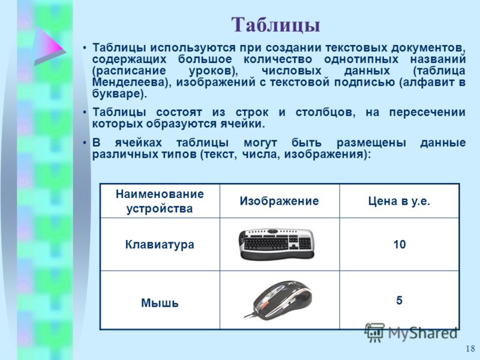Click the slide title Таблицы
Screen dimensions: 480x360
(x=275, y=25)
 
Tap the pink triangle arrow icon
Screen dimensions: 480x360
(x=49, y=46)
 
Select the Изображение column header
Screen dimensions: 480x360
(x=279, y=201)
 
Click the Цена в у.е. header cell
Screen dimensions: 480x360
(x=399, y=201)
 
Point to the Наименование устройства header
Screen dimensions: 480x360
(x=160, y=201)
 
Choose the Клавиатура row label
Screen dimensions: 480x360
(x=160, y=245)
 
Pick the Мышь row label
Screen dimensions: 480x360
(x=160, y=303)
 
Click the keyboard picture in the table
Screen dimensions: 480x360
(x=277, y=244)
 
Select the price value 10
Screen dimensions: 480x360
(x=400, y=245)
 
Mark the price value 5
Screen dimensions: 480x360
(x=399, y=301)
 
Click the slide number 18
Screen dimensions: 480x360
(x=470, y=349)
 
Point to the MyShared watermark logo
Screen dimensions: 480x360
(x=411, y=333)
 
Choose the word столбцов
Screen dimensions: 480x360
(x=325, y=112)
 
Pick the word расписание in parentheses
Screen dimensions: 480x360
(x=131, y=71)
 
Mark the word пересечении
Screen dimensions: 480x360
(x=427, y=112)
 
